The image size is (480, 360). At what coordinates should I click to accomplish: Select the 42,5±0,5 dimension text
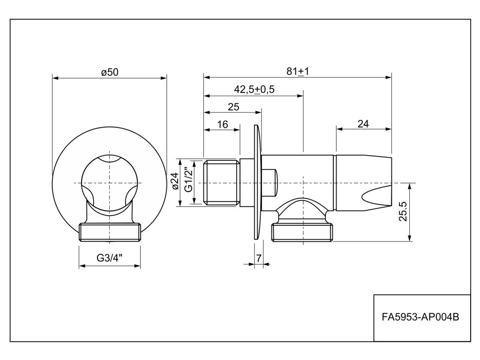coord(254,89)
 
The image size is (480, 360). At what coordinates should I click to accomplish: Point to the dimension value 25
coord(233,106)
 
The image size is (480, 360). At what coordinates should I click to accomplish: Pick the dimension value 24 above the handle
coord(363,124)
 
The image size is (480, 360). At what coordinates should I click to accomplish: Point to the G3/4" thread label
coord(110,257)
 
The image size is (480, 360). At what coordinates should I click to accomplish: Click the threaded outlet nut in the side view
coord(302,232)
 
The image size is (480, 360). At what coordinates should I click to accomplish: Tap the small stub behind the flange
coord(270,182)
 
